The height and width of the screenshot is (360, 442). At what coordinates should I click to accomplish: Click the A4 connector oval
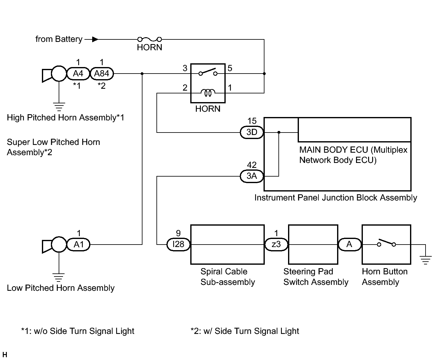point(78,74)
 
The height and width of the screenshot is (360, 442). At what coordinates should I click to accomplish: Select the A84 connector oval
point(102,74)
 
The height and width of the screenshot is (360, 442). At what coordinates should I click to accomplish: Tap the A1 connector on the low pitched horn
point(79,245)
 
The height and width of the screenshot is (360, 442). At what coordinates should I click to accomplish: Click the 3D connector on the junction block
point(252,132)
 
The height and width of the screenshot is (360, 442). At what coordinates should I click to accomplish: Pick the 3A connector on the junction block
point(252,176)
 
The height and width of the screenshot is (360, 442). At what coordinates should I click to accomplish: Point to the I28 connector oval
point(178,245)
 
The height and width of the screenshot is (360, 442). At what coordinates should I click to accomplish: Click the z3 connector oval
point(276,245)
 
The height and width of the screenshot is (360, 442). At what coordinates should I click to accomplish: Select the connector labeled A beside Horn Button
point(350,245)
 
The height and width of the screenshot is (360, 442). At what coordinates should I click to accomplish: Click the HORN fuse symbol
point(149,39)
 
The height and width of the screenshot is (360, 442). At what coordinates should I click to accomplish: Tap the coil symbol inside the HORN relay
point(208,92)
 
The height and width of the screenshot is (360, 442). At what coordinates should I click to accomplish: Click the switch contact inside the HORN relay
point(208,72)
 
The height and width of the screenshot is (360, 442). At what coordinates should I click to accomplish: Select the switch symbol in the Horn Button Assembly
point(386,243)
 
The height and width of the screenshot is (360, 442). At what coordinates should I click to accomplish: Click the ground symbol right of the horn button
point(426,260)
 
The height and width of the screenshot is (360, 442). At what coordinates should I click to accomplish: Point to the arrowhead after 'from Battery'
point(95,39)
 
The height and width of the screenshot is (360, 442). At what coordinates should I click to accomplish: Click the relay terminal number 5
point(230,68)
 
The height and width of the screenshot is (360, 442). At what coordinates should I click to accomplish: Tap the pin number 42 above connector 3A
point(252,165)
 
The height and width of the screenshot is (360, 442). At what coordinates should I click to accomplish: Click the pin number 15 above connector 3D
point(252,121)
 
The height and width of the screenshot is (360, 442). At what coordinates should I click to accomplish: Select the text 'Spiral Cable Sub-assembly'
point(228,277)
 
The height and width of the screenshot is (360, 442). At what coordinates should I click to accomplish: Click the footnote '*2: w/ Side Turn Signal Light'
point(245,331)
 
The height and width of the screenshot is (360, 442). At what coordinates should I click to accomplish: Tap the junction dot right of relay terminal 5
point(264,74)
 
